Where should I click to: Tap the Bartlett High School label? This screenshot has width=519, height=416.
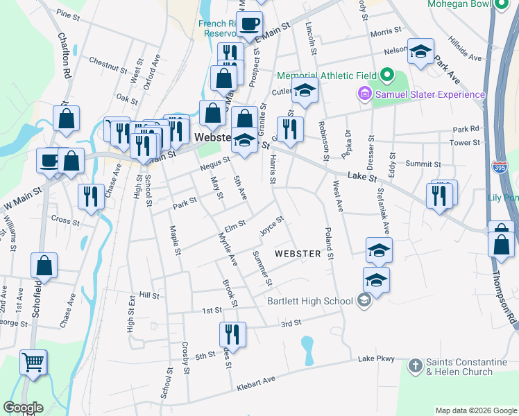(x=309, y=301)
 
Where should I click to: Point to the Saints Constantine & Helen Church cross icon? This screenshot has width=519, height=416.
(x=415, y=365)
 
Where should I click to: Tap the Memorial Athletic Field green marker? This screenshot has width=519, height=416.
(x=389, y=75)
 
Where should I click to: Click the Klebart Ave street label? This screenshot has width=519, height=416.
(x=256, y=382)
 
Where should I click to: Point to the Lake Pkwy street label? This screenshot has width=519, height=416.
(x=377, y=358)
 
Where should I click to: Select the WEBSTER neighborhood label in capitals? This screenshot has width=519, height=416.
(x=298, y=254)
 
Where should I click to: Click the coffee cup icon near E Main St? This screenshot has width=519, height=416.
(x=250, y=24)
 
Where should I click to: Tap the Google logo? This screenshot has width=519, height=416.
(x=23, y=408)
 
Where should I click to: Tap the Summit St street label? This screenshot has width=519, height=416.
(x=423, y=164)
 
